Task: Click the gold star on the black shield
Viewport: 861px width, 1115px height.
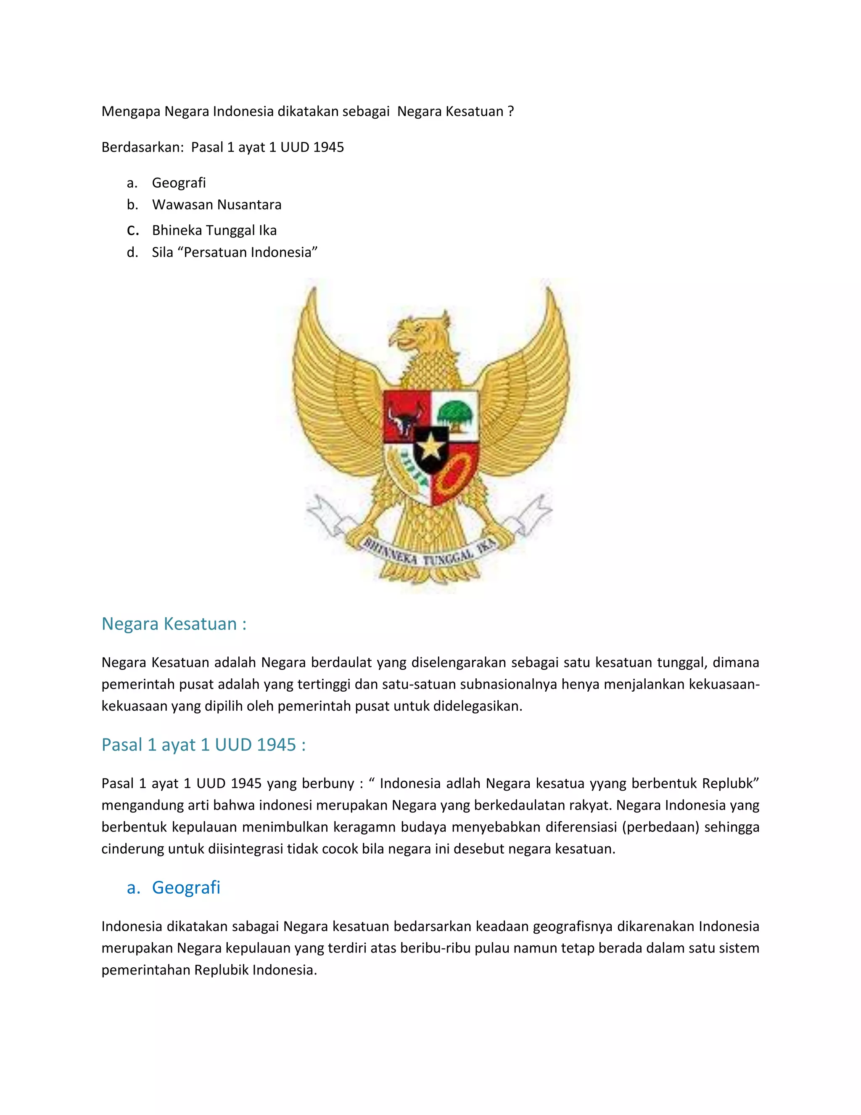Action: tap(431, 448)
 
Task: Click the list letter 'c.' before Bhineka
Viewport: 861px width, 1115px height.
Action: tap(132, 230)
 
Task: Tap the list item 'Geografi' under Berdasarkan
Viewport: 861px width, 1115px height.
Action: tap(179, 183)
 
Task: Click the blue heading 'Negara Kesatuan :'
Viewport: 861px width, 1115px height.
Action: tap(174, 624)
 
